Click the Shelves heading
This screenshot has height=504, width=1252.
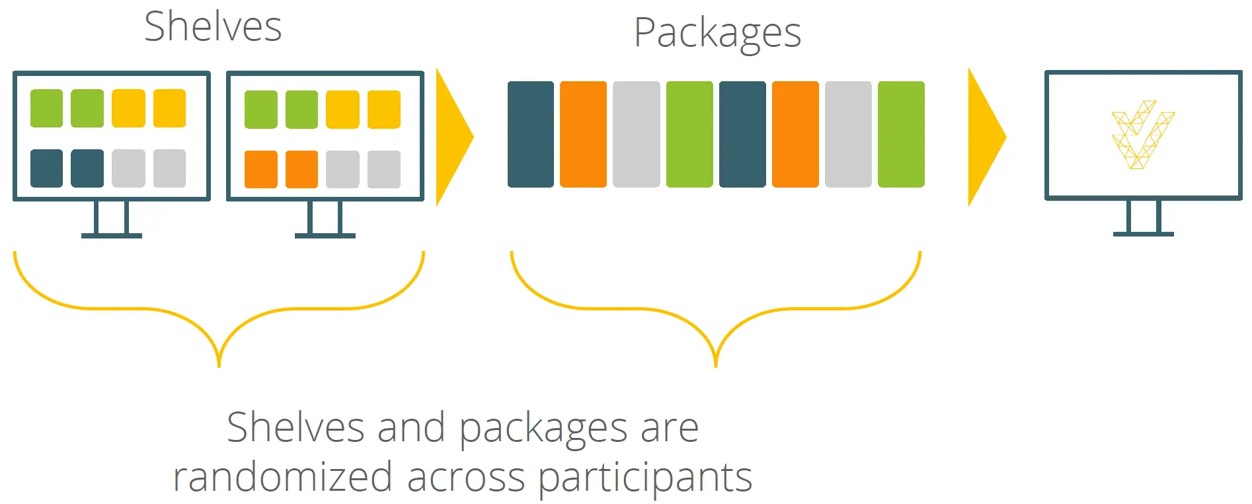coord(213,27)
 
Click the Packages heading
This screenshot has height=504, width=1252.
coord(717,33)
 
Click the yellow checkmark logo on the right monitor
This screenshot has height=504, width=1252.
coord(1142,134)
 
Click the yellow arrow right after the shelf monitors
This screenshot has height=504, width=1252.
coord(453,137)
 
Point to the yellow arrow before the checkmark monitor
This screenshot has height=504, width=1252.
coord(985,137)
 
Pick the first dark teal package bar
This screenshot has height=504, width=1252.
coord(530,134)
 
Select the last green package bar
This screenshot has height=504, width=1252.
coord(900,134)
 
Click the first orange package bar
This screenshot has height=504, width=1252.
coord(583,134)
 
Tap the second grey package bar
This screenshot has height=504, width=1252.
coord(847,134)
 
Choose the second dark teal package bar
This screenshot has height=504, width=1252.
coord(742,134)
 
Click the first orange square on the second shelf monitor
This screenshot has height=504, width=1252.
coord(260,169)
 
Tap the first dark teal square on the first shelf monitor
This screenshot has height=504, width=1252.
coord(46,168)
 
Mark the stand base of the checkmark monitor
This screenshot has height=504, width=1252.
coord(1143,234)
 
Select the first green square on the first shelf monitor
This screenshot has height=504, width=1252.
coord(46,108)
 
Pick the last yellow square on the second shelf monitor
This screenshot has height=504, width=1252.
coord(383,109)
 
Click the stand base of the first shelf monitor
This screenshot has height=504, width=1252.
coord(111,235)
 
